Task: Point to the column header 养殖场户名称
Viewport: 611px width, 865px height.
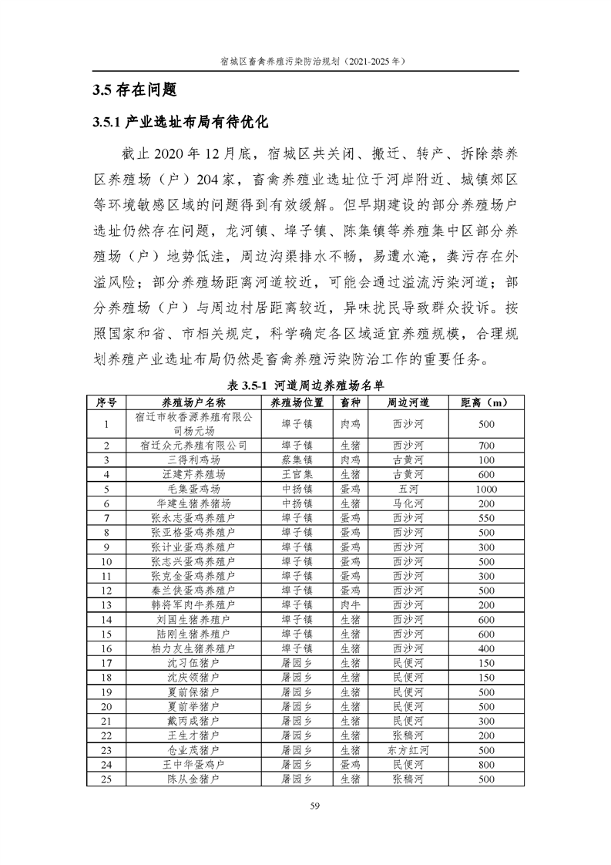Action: [x=193, y=402]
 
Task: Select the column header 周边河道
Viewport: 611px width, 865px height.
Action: [x=408, y=402]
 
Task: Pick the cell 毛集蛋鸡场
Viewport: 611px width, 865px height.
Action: [x=193, y=489]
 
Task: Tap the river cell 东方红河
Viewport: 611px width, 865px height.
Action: [x=408, y=750]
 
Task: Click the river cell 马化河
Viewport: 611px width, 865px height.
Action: [x=408, y=503]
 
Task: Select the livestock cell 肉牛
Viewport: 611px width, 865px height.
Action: [x=350, y=605]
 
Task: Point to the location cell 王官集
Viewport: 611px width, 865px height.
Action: [x=297, y=474]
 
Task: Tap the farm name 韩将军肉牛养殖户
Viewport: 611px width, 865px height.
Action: [x=193, y=605]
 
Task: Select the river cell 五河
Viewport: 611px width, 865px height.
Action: [x=408, y=489]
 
